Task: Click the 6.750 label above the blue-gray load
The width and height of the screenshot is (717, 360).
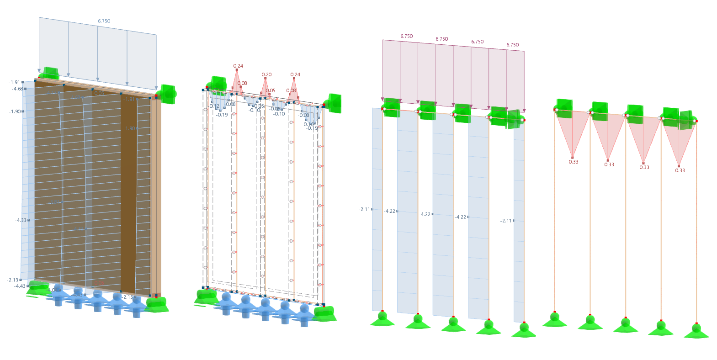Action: tap(104, 21)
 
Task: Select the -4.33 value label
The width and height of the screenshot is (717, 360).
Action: tap(21, 220)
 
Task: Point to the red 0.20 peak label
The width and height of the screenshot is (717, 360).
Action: tap(266, 74)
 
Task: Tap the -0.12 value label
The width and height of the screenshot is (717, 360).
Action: tap(214, 106)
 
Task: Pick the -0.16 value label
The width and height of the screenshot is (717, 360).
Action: tap(308, 124)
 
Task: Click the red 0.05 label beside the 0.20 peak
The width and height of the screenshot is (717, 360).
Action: tap(271, 90)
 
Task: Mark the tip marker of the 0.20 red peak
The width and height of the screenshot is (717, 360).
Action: tap(266, 79)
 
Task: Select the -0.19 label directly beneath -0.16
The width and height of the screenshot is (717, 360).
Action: tap(312, 128)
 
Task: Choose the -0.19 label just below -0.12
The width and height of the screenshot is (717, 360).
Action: tap(222, 115)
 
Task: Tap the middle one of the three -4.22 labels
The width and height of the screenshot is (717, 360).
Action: tap(425, 214)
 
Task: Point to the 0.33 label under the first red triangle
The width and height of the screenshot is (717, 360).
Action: tap(574, 162)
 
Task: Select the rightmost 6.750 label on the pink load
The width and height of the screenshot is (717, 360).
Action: tap(512, 45)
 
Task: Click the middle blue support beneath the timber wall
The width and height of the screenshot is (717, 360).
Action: tap(97, 300)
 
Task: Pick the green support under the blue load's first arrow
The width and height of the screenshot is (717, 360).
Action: tap(48, 73)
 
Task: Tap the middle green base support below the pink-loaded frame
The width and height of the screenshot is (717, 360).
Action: tap(453, 323)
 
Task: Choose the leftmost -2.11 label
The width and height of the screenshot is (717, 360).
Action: tap(364, 209)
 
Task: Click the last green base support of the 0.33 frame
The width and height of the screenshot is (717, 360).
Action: tap(696, 331)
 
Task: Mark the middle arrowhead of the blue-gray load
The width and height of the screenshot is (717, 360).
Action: tap(98, 79)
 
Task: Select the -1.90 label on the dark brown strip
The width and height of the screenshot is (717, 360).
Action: tap(129, 128)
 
